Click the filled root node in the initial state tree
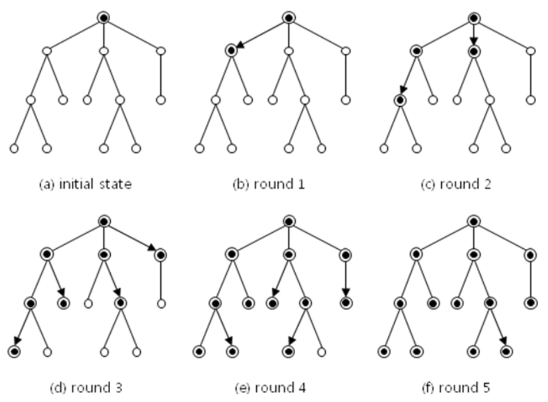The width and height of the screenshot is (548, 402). [x=104, y=18]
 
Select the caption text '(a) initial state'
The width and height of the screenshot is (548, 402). [x=85, y=184]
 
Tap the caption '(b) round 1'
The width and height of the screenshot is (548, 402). [x=269, y=184]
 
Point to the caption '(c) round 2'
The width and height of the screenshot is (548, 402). [x=455, y=184]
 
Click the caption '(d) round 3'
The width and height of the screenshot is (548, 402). [x=86, y=388]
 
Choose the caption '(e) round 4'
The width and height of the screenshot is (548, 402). [x=270, y=388]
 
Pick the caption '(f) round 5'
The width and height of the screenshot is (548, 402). [x=455, y=388]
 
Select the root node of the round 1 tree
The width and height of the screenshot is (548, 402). [x=289, y=18]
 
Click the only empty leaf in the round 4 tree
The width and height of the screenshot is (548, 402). [x=322, y=352]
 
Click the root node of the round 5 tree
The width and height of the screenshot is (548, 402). [x=474, y=221]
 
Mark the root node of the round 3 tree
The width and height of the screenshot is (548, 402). [x=104, y=221]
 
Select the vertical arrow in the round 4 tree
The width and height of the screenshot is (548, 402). [x=346, y=279]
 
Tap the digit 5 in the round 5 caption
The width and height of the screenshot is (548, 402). [x=486, y=388]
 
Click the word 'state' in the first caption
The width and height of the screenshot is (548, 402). [x=115, y=184]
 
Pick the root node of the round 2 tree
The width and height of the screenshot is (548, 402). [x=474, y=18]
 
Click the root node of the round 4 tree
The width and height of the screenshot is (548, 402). [x=289, y=221]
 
